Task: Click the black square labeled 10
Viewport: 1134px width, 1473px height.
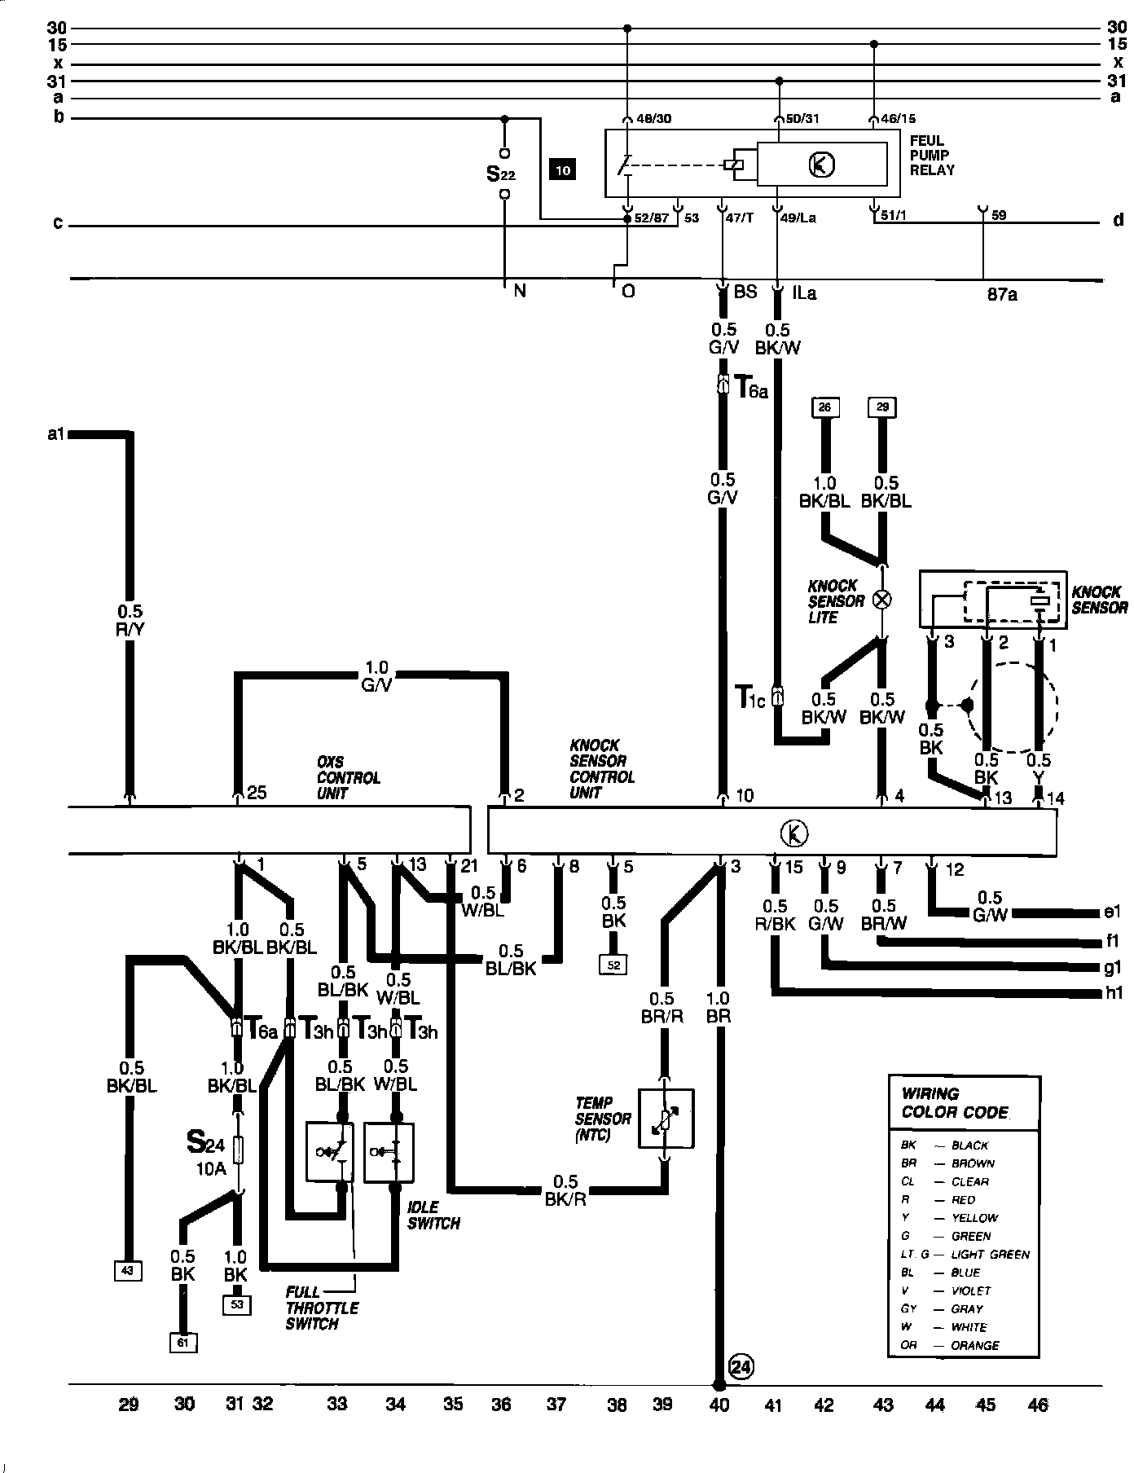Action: point(564,170)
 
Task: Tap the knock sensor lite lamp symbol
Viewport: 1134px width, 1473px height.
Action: point(881,600)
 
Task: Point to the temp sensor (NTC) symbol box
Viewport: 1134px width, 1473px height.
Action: point(666,1119)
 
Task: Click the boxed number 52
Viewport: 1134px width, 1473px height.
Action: point(613,965)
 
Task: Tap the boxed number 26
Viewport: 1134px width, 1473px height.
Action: point(824,407)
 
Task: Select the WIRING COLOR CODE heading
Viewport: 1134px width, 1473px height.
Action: point(954,1103)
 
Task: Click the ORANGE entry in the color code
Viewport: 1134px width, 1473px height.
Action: point(975,1345)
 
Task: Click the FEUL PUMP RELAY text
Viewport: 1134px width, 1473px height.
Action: point(932,156)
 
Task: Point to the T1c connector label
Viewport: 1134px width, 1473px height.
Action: point(749,698)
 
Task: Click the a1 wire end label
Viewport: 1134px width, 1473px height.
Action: point(55,434)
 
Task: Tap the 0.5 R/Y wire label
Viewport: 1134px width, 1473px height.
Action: point(130,619)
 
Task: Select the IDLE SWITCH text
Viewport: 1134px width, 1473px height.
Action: point(433,1215)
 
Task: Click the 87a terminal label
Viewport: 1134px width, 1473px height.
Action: point(1001,294)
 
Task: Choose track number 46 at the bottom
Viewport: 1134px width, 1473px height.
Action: point(1037,1404)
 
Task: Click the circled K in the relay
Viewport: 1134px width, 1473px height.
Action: point(821,165)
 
